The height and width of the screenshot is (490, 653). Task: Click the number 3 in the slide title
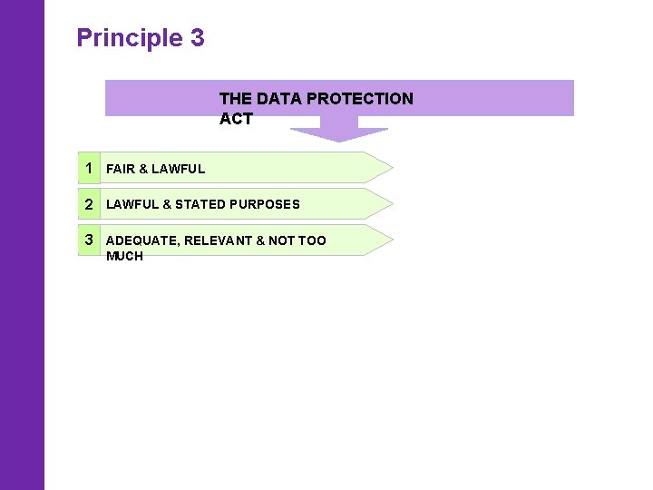(197, 38)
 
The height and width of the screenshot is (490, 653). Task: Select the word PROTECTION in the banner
(363, 99)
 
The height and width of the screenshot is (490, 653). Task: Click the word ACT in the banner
(236, 119)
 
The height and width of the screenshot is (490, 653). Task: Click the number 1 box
(89, 168)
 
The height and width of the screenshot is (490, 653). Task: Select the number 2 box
(89, 204)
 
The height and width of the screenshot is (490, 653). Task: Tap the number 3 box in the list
(89, 240)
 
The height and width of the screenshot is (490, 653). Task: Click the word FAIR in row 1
(121, 169)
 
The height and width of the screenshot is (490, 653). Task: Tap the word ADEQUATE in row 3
(141, 241)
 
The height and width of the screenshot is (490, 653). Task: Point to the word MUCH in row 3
(124, 256)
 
